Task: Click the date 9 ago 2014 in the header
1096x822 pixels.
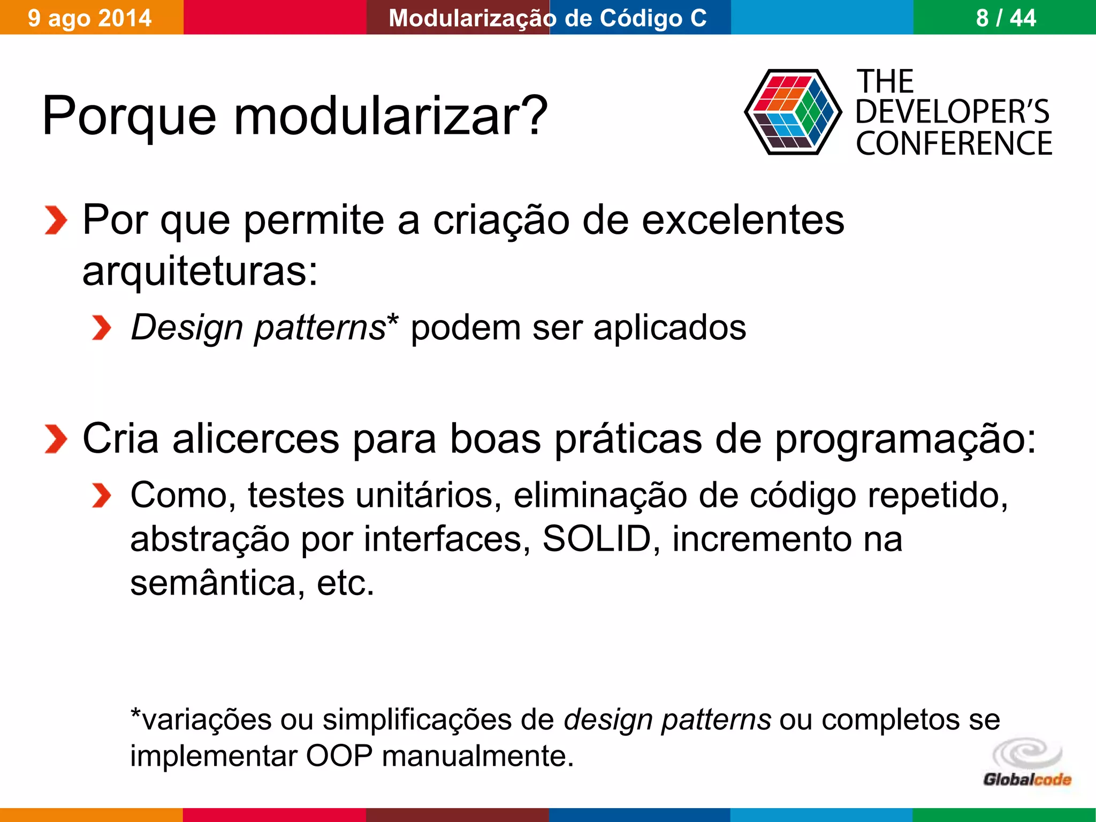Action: pos(90,18)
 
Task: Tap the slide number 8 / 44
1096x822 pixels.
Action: pos(1006,18)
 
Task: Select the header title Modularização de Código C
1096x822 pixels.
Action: pos(547,18)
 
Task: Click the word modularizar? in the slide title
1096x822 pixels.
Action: pos(391,116)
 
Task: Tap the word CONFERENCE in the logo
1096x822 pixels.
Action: pos(954,143)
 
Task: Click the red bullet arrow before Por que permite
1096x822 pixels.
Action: pos(56,220)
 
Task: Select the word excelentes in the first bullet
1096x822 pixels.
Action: pos(742,220)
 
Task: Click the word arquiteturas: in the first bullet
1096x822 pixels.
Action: pos(200,271)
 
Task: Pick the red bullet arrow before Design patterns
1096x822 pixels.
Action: pos(101,328)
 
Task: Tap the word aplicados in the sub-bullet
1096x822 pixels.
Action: pos(669,328)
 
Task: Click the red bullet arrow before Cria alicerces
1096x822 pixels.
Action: pos(56,439)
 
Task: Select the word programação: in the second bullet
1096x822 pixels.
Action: pos(905,439)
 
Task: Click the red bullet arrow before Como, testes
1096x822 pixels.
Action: pos(101,495)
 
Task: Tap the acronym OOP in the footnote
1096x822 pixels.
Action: pos(339,756)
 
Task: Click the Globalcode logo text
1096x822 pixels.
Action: pos(1026,779)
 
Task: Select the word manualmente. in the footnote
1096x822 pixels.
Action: pos(477,756)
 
